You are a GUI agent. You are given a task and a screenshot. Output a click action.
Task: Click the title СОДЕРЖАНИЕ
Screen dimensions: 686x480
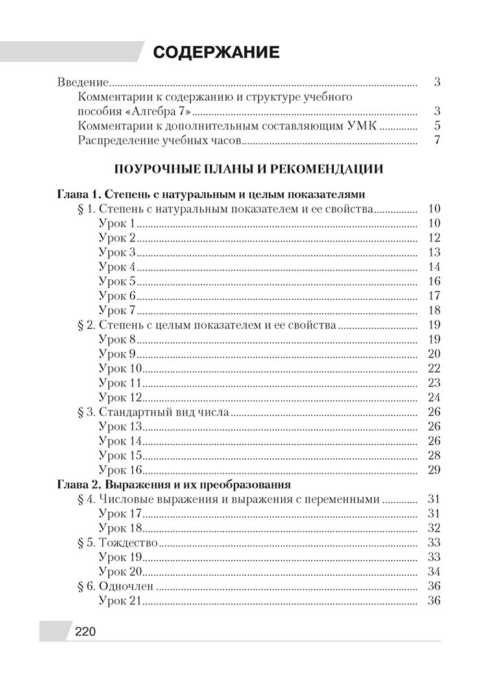(216, 53)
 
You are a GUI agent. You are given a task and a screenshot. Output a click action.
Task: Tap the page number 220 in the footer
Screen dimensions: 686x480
(84, 632)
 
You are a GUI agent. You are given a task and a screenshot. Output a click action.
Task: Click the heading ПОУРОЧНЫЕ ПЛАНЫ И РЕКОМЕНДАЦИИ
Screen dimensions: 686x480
(248, 169)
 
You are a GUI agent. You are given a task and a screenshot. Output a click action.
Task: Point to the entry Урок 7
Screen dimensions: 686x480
(117, 311)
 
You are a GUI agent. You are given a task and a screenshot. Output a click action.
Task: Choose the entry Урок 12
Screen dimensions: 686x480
(120, 398)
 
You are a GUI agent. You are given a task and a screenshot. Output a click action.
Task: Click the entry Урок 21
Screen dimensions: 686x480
(120, 601)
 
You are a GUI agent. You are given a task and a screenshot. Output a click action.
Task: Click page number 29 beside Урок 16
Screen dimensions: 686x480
(433, 470)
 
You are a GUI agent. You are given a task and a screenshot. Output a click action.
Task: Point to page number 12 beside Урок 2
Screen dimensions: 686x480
(433, 238)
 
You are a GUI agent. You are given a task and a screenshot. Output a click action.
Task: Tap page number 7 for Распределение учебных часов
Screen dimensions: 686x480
(436, 141)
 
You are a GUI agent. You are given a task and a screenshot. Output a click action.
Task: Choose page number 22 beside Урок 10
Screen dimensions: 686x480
(433, 368)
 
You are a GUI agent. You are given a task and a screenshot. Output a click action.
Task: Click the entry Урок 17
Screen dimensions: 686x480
(120, 514)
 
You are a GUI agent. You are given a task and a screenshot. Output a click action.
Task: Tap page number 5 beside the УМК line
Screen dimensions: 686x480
(436, 126)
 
